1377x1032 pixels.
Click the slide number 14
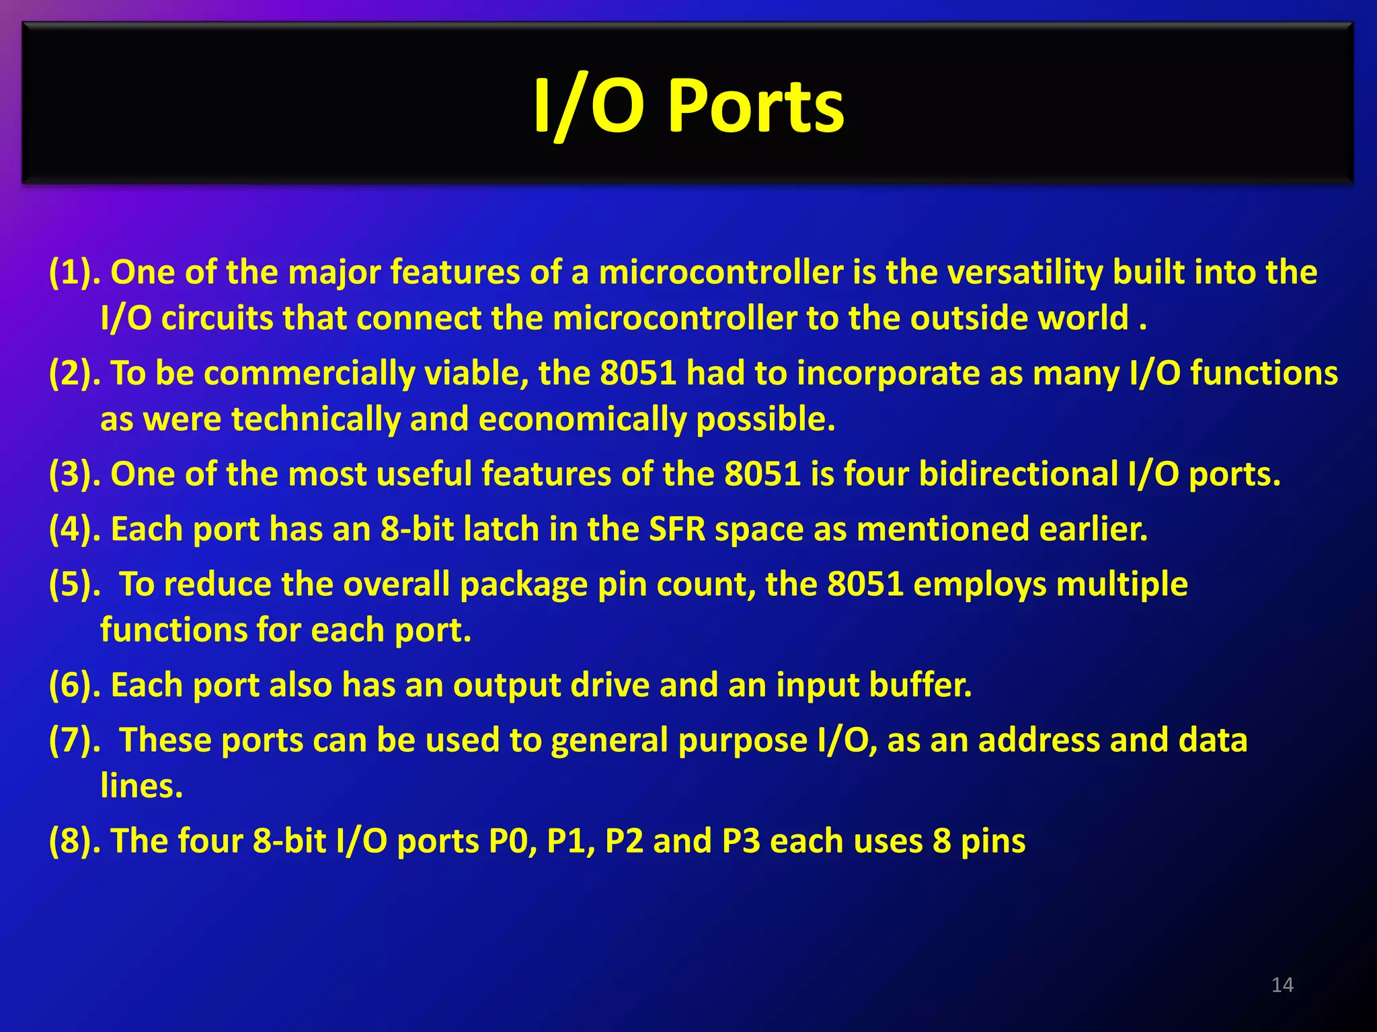(x=1282, y=985)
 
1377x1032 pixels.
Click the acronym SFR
(x=677, y=529)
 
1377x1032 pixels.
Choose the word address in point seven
(x=1038, y=740)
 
